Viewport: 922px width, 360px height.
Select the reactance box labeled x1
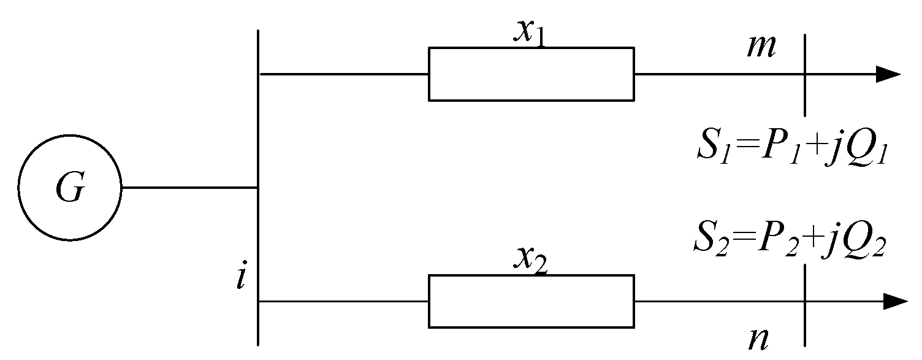(x=531, y=74)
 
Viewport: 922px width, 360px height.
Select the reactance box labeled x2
(x=531, y=301)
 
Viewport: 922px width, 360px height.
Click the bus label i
(x=242, y=278)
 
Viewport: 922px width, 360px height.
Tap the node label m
(x=761, y=48)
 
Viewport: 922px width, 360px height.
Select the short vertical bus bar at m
(x=804, y=75)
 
